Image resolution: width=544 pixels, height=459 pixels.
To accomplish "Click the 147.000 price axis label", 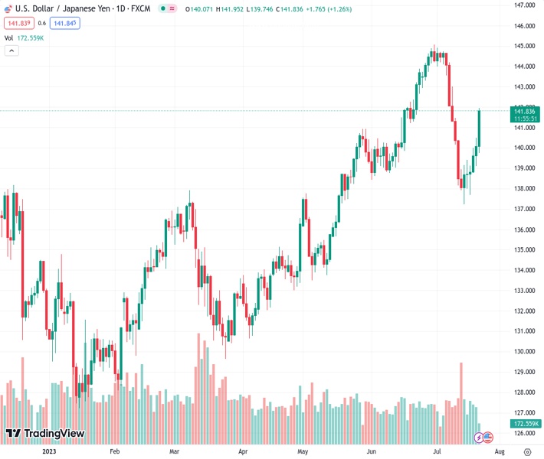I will tap(525, 5).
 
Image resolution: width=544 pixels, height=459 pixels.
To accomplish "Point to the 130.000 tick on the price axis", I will tap(525, 352).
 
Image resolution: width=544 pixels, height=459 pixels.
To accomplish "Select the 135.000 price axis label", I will tap(525, 249).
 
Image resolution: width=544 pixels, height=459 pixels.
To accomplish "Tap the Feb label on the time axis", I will tap(115, 451).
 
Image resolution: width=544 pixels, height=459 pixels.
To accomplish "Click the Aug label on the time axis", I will tap(500, 451).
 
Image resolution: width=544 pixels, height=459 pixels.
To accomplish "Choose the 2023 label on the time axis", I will tap(49, 451).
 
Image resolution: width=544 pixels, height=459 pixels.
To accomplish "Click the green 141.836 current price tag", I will tap(526, 111).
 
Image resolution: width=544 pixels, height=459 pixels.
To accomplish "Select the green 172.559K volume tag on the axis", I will tap(526, 423).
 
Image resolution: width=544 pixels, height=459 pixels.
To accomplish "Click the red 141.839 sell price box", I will tap(18, 23).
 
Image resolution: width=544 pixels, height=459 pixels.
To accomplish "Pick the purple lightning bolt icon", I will tap(480, 438).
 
